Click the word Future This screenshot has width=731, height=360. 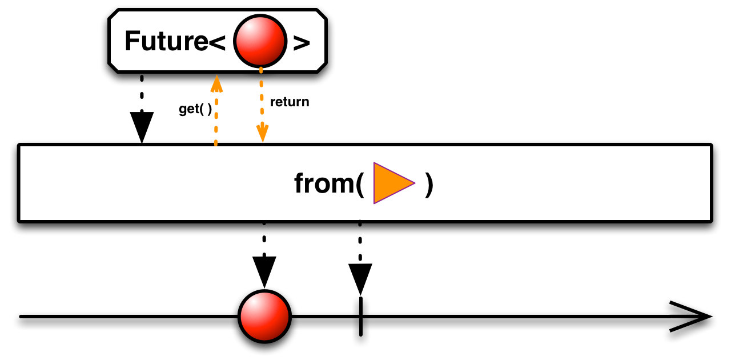(x=166, y=42)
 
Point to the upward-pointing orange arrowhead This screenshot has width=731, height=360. (x=216, y=84)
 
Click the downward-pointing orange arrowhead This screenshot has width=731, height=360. (x=262, y=134)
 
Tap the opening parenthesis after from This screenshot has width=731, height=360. (x=360, y=184)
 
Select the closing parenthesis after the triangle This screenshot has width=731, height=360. (x=429, y=184)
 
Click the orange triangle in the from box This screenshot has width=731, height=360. (x=392, y=183)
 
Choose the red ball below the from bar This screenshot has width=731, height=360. (x=264, y=316)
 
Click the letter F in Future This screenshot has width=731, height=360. (x=132, y=42)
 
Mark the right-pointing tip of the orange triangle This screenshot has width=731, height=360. (x=413, y=183)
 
